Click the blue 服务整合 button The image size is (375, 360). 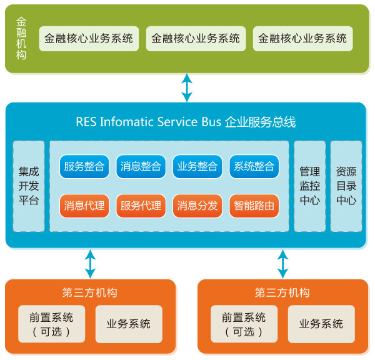click(x=84, y=167)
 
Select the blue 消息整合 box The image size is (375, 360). click(x=141, y=167)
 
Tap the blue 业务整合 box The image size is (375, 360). click(x=197, y=167)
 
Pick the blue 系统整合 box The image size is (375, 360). click(x=254, y=167)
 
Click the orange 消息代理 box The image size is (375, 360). click(x=84, y=206)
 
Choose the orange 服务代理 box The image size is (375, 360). click(x=141, y=206)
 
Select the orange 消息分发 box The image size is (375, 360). click(x=197, y=206)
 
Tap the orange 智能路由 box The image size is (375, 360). click(x=254, y=206)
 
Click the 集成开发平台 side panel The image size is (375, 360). click(x=29, y=186)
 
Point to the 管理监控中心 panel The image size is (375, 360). click(x=309, y=186)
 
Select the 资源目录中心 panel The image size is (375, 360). click(x=346, y=186)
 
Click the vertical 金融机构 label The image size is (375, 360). click(x=22, y=38)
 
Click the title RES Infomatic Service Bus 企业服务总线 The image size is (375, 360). click(x=186, y=122)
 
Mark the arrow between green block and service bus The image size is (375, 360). click(x=186, y=87)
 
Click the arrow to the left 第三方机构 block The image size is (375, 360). click(x=91, y=264)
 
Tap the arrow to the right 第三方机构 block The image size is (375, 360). click(x=283, y=264)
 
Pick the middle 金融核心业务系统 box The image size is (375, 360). click(x=196, y=38)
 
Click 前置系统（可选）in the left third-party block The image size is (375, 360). click(x=51, y=324)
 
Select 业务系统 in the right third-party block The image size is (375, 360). click(x=321, y=324)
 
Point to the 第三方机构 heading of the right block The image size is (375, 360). click(x=282, y=292)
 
